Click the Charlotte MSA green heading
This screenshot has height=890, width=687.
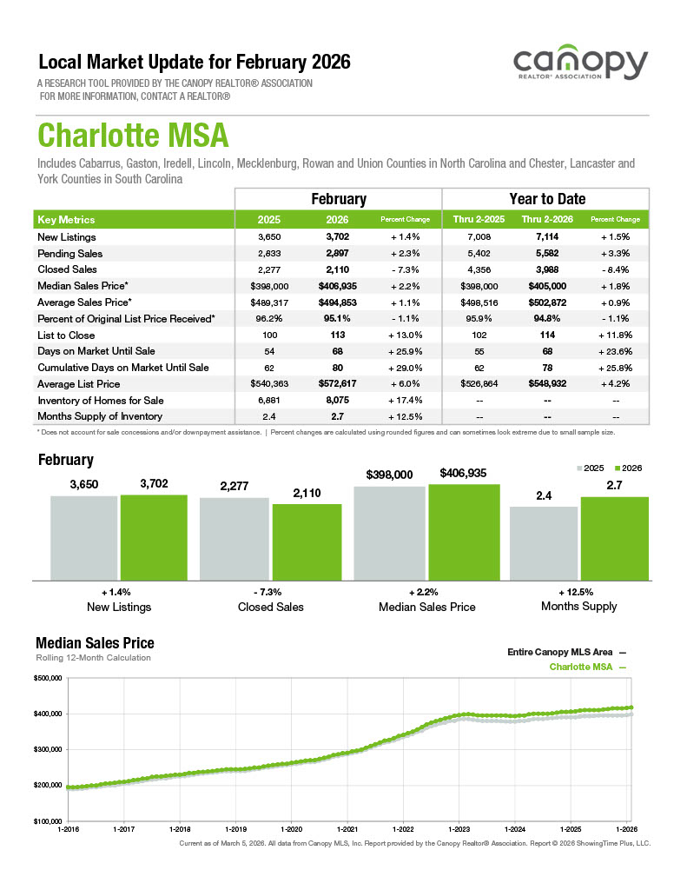(133, 136)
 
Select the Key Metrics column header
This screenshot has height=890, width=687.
(67, 220)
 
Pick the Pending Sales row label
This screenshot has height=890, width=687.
(70, 254)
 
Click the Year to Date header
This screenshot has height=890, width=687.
(547, 199)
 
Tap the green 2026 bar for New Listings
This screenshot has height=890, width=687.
(154, 536)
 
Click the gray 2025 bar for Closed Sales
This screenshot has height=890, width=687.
(234, 538)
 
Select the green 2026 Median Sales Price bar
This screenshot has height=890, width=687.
(464, 531)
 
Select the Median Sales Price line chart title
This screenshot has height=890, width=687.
(95, 643)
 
